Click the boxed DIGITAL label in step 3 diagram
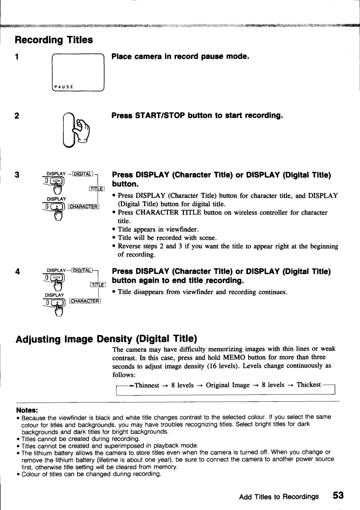[x=82, y=174]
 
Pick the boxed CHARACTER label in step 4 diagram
[x=85, y=301]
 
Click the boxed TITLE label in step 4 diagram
[x=97, y=284]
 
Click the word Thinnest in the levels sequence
[x=147, y=385]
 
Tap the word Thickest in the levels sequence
[x=309, y=385]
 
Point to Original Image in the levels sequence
[x=228, y=385]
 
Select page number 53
[x=338, y=495]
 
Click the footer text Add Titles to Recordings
[x=279, y=497]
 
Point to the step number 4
[x=17, y=272]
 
